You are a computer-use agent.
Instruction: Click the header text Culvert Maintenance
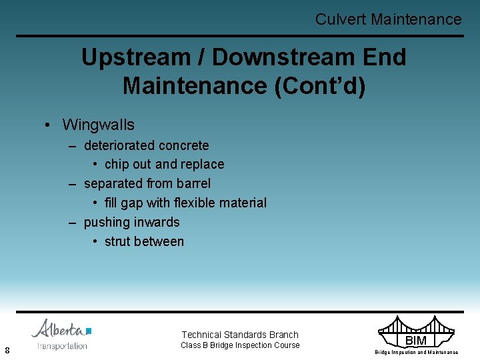(388, 19)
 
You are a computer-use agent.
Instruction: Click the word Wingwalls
(98, 125)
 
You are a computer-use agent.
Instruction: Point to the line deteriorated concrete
(146, 145)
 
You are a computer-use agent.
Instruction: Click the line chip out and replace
(164, 164)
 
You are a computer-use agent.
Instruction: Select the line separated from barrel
(147, 183)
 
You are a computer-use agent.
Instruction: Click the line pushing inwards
(131, 222)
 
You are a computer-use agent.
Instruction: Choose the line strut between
(144, 241)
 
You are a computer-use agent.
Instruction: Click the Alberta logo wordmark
(60, 329)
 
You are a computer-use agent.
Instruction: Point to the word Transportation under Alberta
(62, 346)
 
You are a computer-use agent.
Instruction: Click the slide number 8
(7, 350)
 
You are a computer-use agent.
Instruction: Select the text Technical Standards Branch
(240, 335)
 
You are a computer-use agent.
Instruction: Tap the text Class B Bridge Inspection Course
(240, 345)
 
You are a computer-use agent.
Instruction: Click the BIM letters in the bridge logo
(415, 341)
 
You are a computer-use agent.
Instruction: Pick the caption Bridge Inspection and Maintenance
(416, 352)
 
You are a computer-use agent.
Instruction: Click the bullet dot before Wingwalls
(49, 125)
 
